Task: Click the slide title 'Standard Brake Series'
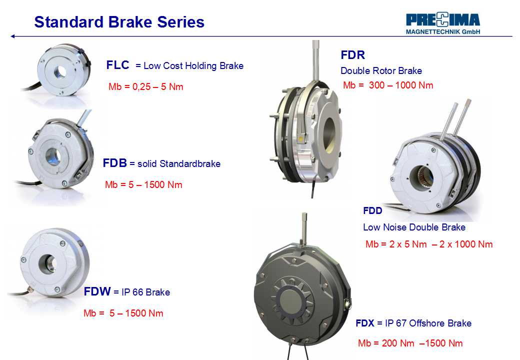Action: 119,22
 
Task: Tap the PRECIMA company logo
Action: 443,23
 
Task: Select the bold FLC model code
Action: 117,65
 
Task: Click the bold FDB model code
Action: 114,163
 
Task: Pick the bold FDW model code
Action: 97,291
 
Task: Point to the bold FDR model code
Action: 353,54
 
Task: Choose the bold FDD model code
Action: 372,210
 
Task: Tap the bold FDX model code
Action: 365,323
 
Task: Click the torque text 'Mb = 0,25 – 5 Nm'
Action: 146,87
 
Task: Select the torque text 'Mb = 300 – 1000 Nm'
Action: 388,85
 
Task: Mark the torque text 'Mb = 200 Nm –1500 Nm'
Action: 410,343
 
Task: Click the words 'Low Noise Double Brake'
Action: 414,227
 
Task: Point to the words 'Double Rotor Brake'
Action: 381,70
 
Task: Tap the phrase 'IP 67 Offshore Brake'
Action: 428,323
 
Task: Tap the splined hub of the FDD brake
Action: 422,178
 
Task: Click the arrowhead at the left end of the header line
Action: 12,36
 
